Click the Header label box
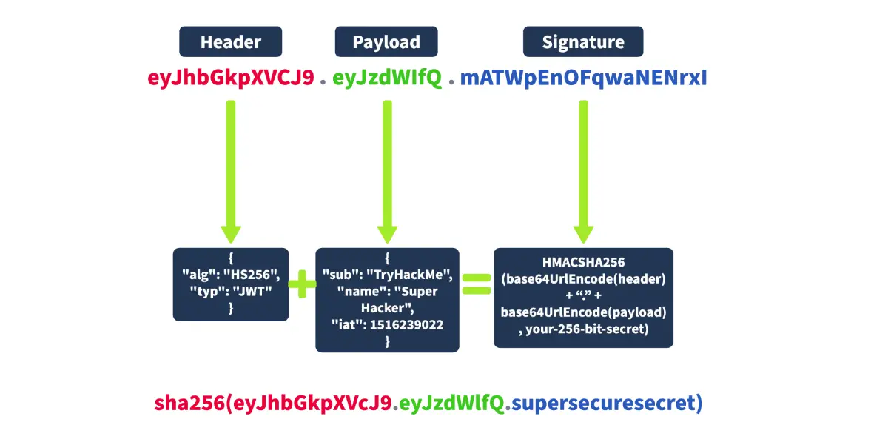pyautogui.click(x=230, y=41)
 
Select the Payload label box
pyautogui.click(x=386, y=41)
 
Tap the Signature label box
pyautogui.click(x=583, y=41)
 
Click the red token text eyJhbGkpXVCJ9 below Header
pyautogui.click(x=231, y=78)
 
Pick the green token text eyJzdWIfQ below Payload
pyautogui.click(x=387, y=78)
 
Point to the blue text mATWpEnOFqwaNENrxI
pyautogui.click(x=584, y=78)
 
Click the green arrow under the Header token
pyautogui.click(x=231, y=172)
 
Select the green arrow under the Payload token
pyautogui.click(x=387, y=172)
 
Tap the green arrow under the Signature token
pyautogui.click(x=584, y=172)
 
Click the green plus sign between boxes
pyautogui.click(x=302, y=284)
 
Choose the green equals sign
pyautogui.click(x=477, y=284)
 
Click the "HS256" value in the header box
pyautogui.click(x=252, y=275)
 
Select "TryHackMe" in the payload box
pyautogui.click(x=409, y=275)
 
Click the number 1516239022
pyautogui.click(x=407, y=324)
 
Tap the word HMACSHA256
pyautogui.click(x=584, y=262)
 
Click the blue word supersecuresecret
pyautogui.click(x=603, y=403)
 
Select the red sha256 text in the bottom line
pyautogui.click(x=189, y=403)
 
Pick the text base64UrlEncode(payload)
pyautogui.click(x=584, y=312)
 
